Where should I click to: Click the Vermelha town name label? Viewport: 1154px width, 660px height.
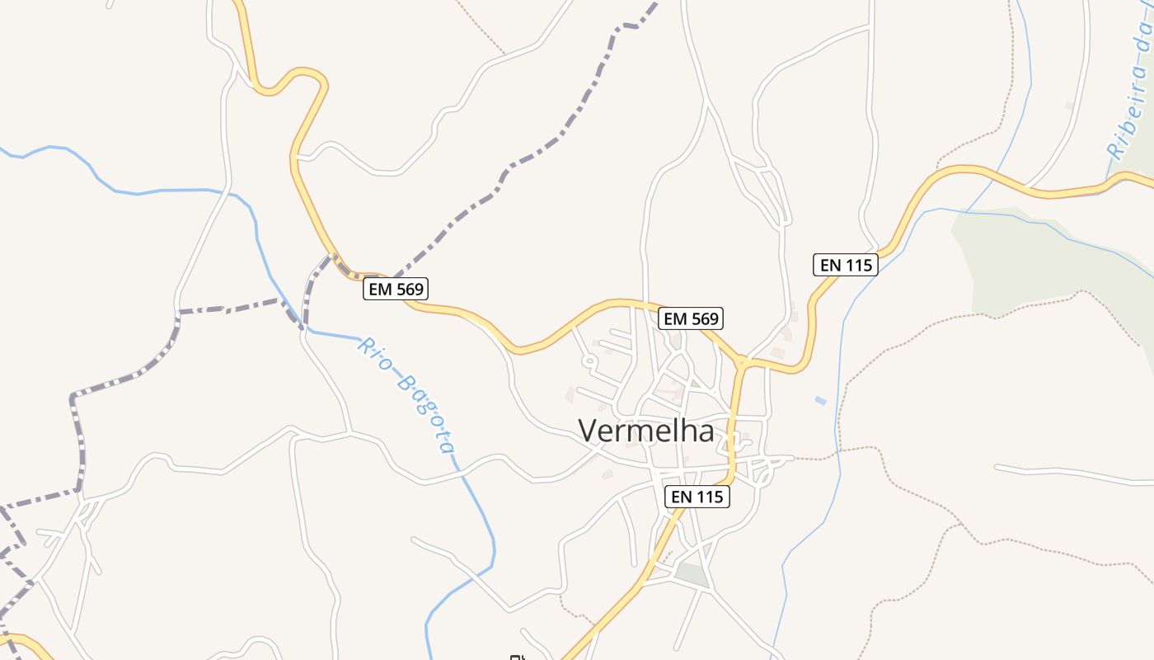[645, 431]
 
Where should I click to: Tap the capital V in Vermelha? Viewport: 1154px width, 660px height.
[587, 431]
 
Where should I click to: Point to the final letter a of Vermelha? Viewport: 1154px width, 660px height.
[705, 432]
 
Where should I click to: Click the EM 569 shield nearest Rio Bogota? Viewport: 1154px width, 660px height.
[396, 289]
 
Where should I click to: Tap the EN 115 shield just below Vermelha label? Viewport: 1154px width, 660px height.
[697, 497]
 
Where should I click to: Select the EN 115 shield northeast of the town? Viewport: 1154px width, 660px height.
[845, 265]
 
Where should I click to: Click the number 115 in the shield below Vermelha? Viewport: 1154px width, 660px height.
[708, 497]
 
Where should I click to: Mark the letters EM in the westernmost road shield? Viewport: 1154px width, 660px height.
[380, 289]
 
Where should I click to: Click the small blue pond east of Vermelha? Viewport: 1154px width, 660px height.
[820, 401]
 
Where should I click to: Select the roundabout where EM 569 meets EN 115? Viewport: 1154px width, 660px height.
[742, 361]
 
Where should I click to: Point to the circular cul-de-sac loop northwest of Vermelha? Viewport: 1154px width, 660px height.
[589, 361]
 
